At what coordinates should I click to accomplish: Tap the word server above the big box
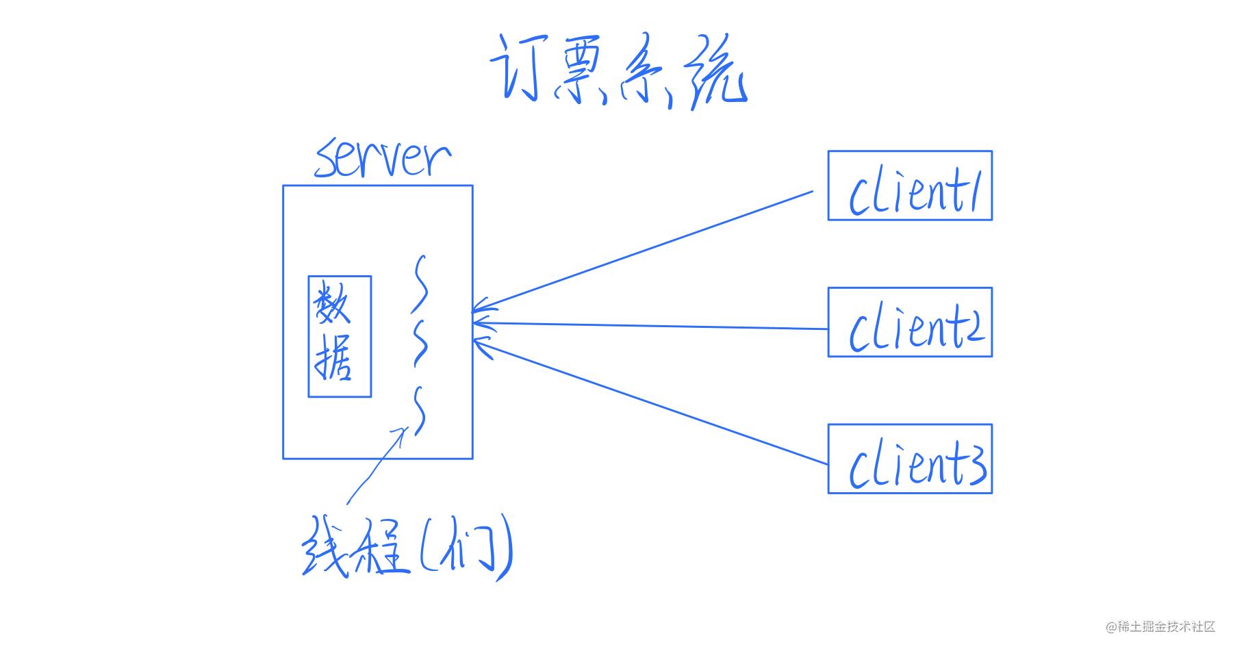click(x=383, y=159)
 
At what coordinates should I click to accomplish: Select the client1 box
click(x=910, y=186)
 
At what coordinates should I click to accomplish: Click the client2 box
click(x=910, y=322)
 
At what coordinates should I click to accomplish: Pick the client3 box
click(x=910, y=459)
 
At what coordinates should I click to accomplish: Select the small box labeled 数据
click(x=340, y=336)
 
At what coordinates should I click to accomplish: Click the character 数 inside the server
click(x=333, y=305)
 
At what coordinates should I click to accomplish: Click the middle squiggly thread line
click(x=421, y=342)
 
